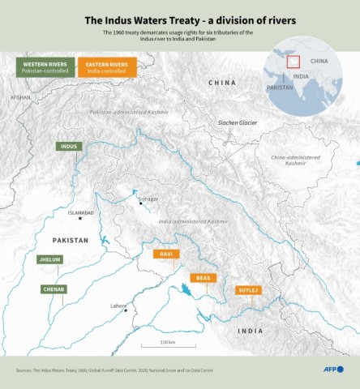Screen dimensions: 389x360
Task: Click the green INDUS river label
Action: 68,147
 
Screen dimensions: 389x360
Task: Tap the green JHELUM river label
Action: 49,260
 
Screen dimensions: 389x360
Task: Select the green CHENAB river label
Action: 54,289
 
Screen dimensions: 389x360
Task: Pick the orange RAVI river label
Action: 165,254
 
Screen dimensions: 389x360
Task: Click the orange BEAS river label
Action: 204,278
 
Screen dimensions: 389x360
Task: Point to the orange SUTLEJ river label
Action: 248,289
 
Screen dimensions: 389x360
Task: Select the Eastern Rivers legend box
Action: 107,67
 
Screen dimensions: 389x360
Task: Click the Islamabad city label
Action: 82,212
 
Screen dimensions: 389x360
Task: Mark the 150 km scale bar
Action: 167,348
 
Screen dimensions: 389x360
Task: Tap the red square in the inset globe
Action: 294,61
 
